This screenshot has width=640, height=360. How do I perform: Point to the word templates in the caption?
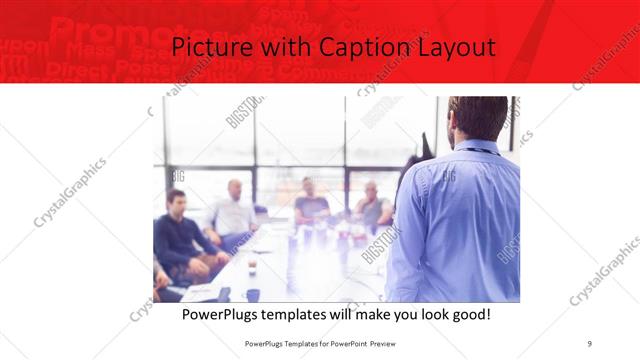coord(306,315)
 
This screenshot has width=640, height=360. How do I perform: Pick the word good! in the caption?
coord(469,315)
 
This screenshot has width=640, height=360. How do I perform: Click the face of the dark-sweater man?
coord(177,202)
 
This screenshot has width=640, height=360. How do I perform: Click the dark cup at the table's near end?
coord(253,294)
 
